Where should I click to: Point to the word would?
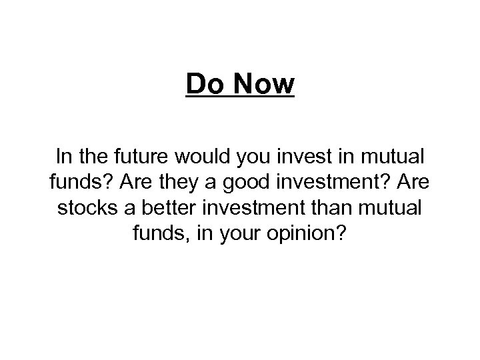(x=197, y=158)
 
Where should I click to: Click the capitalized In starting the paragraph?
(x=65, y=158)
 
